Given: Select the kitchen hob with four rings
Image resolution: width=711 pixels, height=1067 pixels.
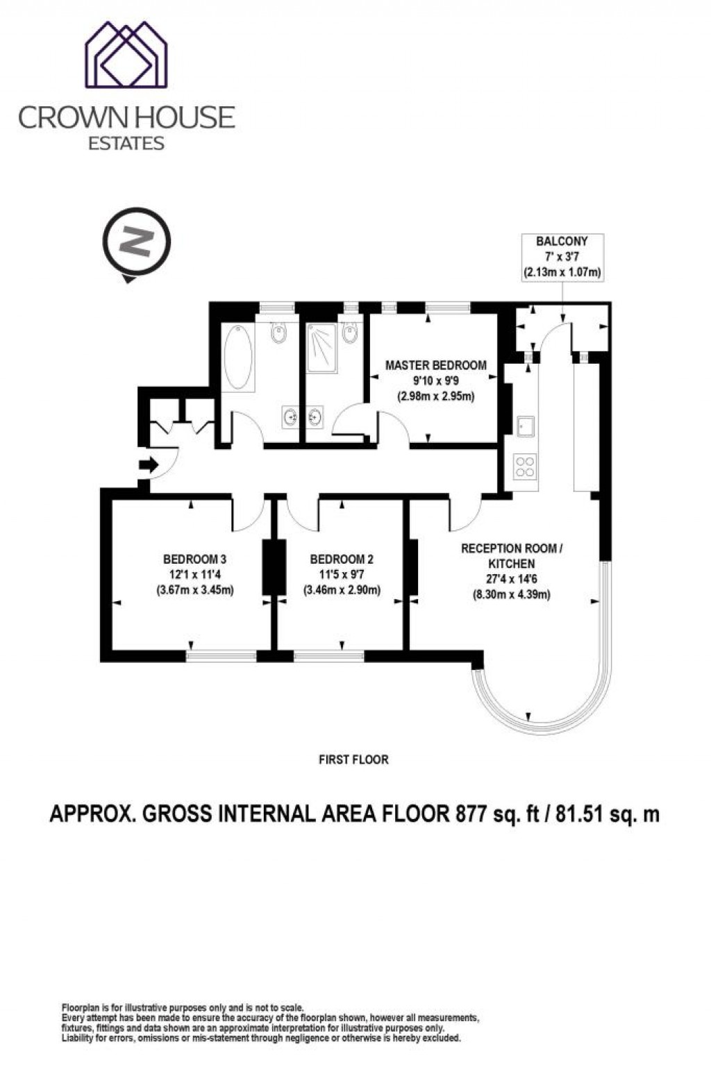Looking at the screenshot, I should (524, 465).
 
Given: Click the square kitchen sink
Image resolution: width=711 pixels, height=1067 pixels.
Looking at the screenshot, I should (526, 426).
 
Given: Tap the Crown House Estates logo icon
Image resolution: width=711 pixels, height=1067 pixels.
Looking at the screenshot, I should (126, 55).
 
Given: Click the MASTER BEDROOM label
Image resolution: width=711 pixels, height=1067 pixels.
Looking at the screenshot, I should (436, 365).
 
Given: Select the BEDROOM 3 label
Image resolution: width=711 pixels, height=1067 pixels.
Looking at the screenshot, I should (194, 559).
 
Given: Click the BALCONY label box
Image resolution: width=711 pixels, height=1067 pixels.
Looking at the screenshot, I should (562, 257).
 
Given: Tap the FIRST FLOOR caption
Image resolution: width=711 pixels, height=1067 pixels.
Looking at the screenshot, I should (353, 759).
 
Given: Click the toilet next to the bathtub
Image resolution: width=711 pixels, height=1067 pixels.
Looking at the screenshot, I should (278, 334).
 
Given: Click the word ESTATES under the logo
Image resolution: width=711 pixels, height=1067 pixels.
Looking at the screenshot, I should (126, 144).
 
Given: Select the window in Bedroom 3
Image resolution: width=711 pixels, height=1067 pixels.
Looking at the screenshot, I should (221, 654).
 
